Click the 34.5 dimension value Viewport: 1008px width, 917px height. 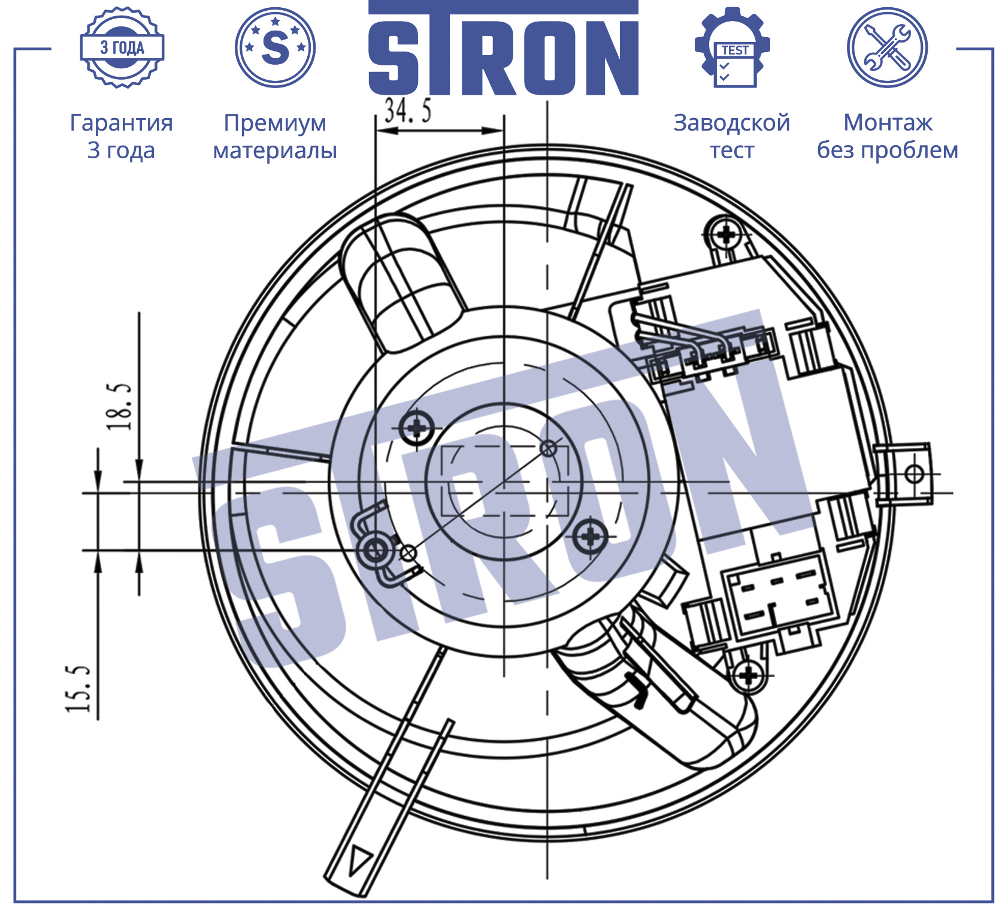[407, 110]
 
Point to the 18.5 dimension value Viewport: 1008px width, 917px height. [119, 406]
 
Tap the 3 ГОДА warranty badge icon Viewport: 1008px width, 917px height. [122, 48]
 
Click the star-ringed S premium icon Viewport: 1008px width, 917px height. [276, 47]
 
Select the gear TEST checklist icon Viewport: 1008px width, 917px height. [732, 47]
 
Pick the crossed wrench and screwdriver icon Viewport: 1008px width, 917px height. [887, 47]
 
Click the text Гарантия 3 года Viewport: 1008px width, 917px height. [122, 136]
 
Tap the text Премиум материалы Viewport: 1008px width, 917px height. [275, 136]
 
